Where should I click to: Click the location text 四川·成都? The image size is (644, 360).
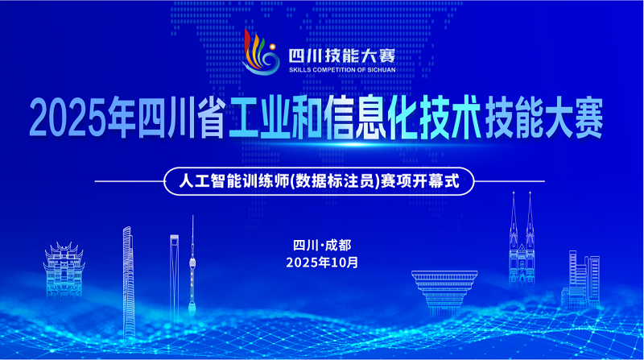pos(322,245)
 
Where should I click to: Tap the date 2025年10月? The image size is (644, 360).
pos(322,263)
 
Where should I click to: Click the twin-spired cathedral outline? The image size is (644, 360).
pos(522,250)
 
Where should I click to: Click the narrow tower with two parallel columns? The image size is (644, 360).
pos(173,274)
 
